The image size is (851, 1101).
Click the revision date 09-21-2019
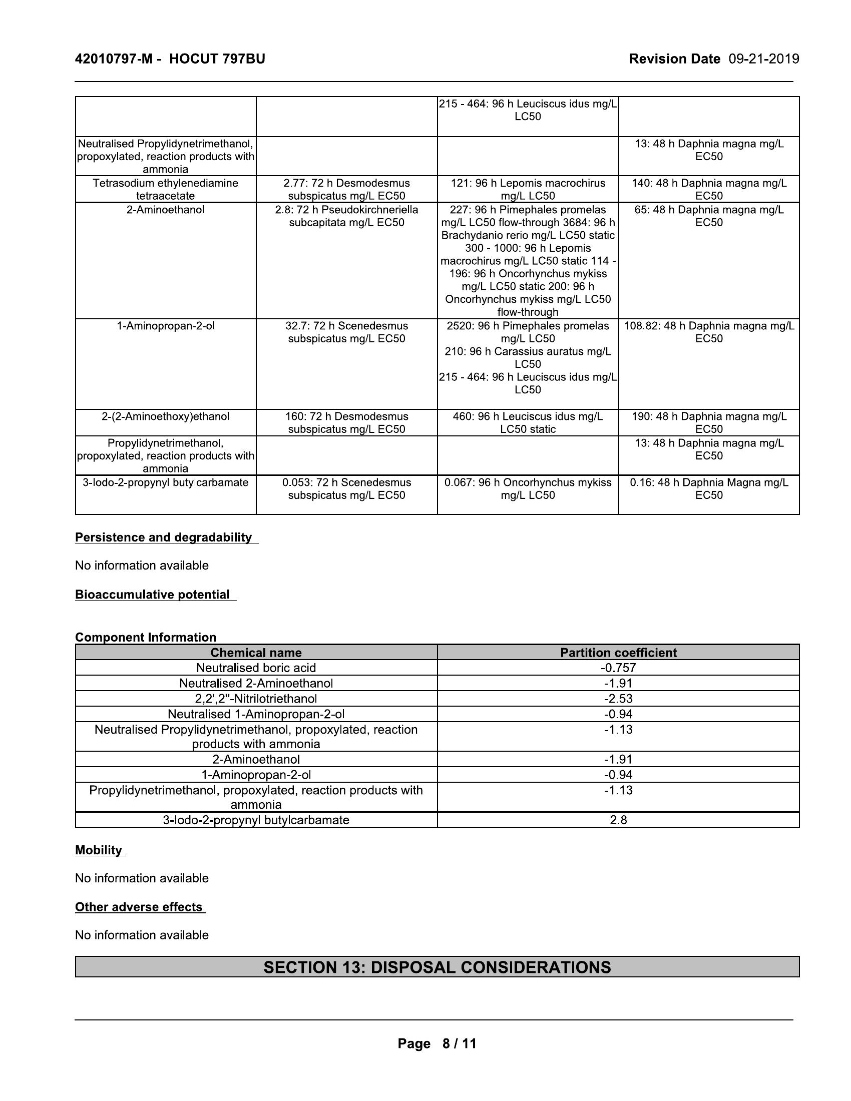(x=764, y=59)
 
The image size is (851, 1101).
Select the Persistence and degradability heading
(x=163, y=537)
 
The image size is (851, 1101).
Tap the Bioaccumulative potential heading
(x=152, y=595)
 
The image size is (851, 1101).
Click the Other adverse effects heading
(x=139, y=907)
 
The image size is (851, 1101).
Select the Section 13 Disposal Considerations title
(x=437, y=967)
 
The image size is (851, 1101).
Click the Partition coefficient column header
(x=618, y=652)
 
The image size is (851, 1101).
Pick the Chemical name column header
(x=256, y=652)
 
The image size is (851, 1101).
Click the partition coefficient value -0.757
(x=618, y=668)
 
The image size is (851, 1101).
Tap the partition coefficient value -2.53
(x=618, y=699)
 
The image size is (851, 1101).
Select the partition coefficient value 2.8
(x=618, y=820)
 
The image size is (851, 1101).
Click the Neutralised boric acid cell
(x=256, y=668)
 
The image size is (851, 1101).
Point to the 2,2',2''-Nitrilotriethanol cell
(x=256, y=699)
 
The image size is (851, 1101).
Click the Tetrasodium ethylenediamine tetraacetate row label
(x=165, y=189)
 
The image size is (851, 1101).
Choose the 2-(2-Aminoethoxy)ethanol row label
(x=165, y=416)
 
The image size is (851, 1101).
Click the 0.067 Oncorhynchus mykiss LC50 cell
(x=528, y=488)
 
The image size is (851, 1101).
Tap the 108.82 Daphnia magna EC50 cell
(x=709, y=332)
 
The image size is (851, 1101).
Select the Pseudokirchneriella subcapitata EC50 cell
(x=346, y=216)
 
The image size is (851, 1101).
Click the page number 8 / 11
(x=437, y=1043)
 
